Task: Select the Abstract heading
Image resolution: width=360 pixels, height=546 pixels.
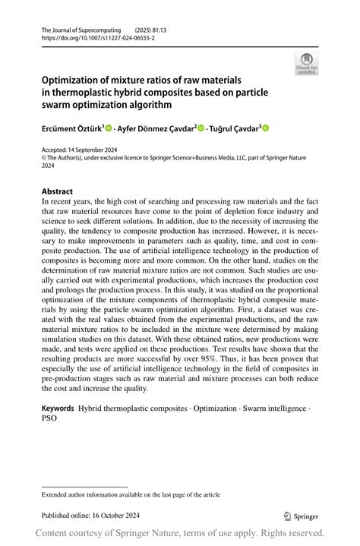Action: point(58,191)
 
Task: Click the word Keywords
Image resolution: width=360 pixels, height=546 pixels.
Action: point(58,409)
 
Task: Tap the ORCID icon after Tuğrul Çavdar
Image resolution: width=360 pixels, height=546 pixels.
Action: point(267,128)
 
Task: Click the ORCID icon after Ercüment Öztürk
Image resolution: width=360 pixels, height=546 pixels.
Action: point(109,128)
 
